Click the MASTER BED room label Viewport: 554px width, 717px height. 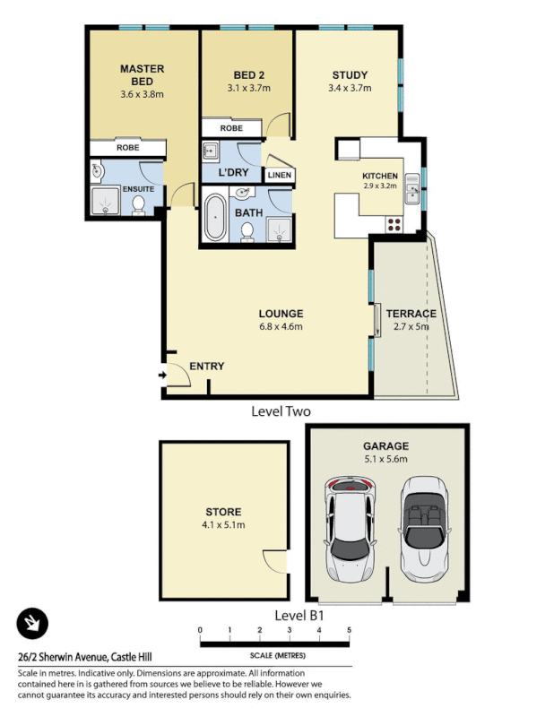click(x=141, y=73)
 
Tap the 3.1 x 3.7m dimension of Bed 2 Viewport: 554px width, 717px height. click(x=248, y=89)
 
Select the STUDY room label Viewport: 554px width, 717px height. click(x=350, y=74)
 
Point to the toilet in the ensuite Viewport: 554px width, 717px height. click(x=139, y=205)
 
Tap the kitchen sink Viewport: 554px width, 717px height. click(x=411, y=188)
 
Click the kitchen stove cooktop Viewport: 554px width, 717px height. click(x=393, y=223)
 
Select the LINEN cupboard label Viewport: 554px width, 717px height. click(x=279, y=175)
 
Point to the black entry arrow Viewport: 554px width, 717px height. click(x=161, y=375)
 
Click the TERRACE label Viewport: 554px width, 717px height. click(x=411, y=314)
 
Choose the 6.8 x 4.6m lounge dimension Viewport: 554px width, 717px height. click(x=281, y=327)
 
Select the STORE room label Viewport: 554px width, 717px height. click(x=223, y=512)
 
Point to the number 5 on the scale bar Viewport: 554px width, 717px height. click(x=349, y=631)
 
